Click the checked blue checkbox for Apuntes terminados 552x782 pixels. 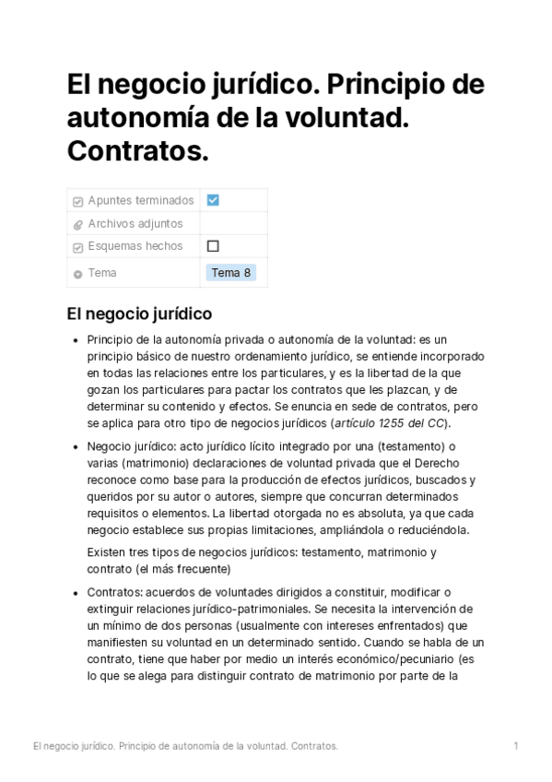213,200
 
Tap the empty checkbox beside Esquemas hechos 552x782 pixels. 213,246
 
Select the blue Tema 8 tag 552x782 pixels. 230,273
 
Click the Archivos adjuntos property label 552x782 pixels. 135,223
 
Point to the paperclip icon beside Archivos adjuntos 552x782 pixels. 77,224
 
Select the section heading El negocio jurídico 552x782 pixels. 139,314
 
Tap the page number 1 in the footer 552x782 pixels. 516,745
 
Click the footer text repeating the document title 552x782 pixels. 184,745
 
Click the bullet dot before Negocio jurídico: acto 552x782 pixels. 75,447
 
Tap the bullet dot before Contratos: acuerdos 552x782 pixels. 75,592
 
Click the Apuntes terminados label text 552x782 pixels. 140,200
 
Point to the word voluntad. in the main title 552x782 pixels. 349,118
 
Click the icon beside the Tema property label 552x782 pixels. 77,274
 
